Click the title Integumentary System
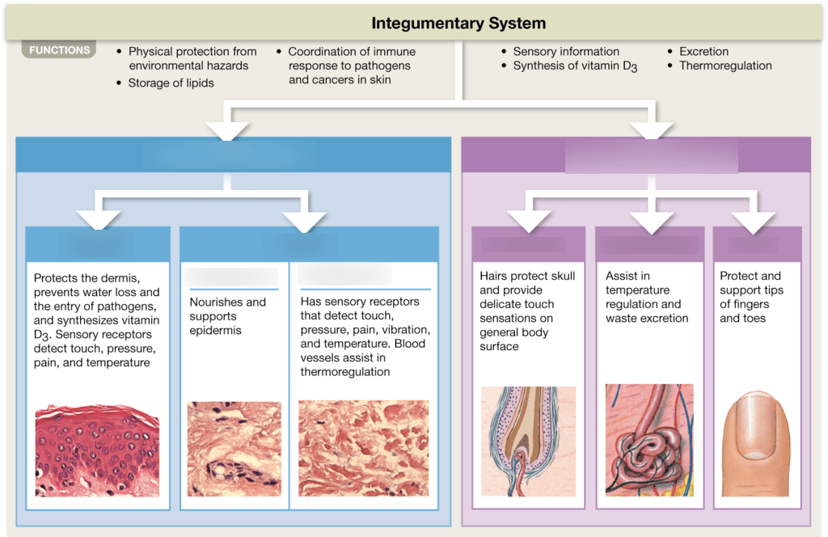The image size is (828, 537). [x=458, y=23]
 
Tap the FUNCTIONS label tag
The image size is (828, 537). [x=59, y=50]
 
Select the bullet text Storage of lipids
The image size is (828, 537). [x=171, y=82]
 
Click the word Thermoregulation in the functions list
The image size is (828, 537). [x=725, y=66]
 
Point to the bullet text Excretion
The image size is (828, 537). [x=703, y=51]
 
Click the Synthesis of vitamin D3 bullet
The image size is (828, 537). [x=575, y=66]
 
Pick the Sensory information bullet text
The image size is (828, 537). [x=566, y=51]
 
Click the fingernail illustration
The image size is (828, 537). [x=757, y=443]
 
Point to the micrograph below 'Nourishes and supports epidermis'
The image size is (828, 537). [x=234, y=449]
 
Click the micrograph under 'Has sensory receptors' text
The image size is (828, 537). [x=362, y=449]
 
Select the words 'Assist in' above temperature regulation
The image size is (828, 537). [x=627, y=276]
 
